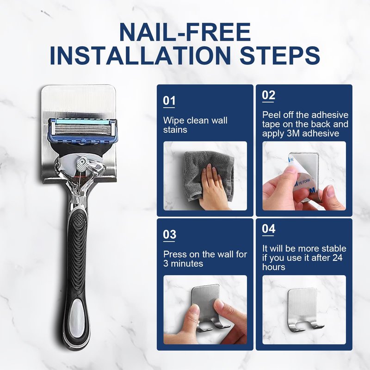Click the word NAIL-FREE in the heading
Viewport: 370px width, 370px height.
185,32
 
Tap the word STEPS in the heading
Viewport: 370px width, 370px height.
280,55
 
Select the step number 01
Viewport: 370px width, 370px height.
169,100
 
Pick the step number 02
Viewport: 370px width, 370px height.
269,95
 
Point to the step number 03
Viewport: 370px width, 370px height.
169,234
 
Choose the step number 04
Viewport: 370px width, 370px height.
269,228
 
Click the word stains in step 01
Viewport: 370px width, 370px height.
175,130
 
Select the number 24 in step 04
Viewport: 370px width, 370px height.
337,258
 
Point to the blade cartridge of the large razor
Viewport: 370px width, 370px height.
83,130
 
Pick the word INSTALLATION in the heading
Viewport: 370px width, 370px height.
140,55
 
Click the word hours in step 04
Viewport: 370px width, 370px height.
274,267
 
